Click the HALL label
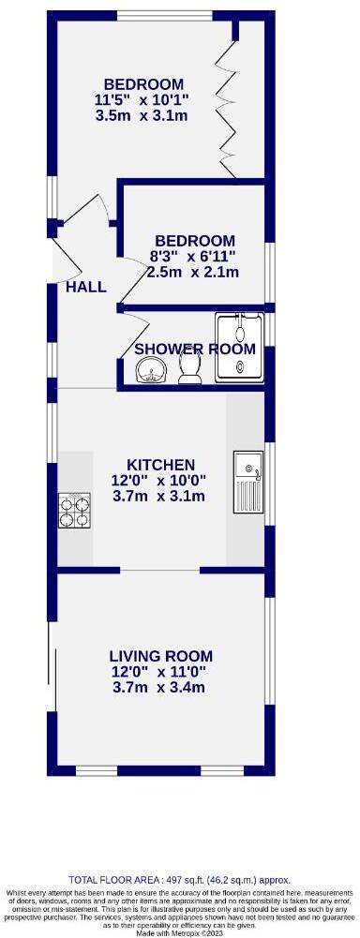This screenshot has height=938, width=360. click(x=86, y=288)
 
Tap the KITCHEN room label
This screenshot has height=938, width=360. click(x=160, y=465)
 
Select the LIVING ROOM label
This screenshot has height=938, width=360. click(x=160, y=656)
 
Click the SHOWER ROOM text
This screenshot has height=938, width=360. click(x=195, y=349)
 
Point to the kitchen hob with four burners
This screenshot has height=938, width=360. click(x=76, y=511)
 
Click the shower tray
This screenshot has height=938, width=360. click(x=239, y=348)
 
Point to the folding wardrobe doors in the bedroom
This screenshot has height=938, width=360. click(x=226, y=103)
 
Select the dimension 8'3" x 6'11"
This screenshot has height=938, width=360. click(x=194, y=256)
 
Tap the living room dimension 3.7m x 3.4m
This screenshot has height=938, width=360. click(x=160, y=688)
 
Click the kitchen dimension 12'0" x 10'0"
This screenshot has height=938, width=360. click(x=160, y=481)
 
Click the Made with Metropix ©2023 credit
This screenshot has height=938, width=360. click(x=180, y=933)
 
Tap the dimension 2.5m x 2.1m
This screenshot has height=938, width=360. click(x=194, y=272)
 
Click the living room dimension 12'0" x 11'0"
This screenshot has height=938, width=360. click(x=160, y=672)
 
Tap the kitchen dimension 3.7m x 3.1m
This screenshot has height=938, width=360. click(x=160, y=497)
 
